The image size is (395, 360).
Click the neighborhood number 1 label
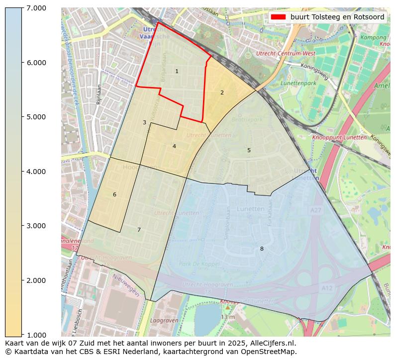coord(177,72)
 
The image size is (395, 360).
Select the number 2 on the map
coord(222,92)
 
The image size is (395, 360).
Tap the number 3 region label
coord(144,122)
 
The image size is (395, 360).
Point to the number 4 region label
coord(174,146)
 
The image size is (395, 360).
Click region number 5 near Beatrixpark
coord(249,150)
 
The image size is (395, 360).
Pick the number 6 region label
coord(114,194)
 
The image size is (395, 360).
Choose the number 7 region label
coord(139,230)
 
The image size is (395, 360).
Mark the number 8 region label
coord(262,249)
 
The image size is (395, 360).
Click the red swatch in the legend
coord(278,17)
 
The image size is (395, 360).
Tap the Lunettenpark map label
coord(298,83)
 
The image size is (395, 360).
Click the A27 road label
coord(315,211)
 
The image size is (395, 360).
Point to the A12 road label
coord(327,288)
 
